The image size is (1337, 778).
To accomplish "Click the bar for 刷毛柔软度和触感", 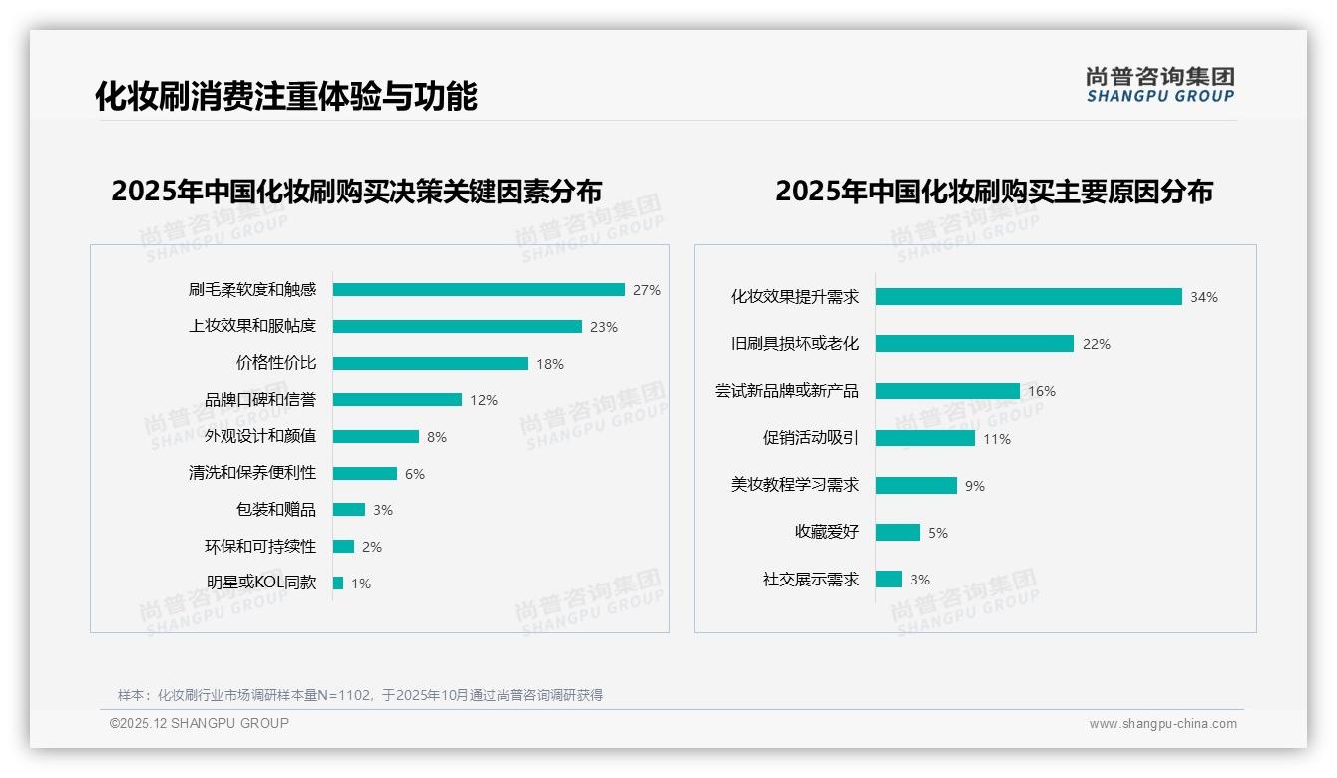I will pyautogui.click(x=478, y=289).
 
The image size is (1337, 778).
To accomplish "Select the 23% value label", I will pyautogui.click(x=603, y=327).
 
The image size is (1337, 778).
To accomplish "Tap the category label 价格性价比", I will pyautogui.click(x=275, y=363).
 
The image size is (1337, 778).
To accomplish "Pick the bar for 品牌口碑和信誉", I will pyautogui.click(x=397, y=399).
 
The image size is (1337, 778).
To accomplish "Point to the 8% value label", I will pyautogui.click(x=436, y=437).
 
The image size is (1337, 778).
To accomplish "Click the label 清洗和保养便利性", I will pyautogui.click(x=251, y=473).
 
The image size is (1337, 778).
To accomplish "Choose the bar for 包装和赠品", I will pyautogui.click(x=349, y=509).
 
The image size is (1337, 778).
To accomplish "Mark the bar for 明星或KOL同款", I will pyautogui.click(x=338, y=583).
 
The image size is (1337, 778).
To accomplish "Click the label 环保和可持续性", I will pyautogui.click(x=259, y=546).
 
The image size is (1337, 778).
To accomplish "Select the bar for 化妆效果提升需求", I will pyautogui.click(x=1029, y=296).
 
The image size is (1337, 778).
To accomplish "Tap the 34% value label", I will pyautogui.click(x=1203, y=297).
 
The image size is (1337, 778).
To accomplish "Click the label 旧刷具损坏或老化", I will pyautogui.click(x=794, y=343).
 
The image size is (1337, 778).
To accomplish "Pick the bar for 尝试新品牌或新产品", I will pyautogui.click(x=948, y=390).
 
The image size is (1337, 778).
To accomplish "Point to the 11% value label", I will pyautogui.click(x=996, y=439).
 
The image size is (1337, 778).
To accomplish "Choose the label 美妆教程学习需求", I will pyautogui.click(x=794, y=485).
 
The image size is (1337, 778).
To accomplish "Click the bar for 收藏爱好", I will pyautogui.click(x=898, y=532).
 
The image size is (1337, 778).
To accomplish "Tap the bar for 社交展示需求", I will pyautogui.click(x=889, y=579).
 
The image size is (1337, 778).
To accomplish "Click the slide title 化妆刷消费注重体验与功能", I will pyautogui.click(x=285, y=96).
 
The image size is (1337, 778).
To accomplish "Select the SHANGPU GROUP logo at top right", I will pyautogui.click(x=1159, y=85).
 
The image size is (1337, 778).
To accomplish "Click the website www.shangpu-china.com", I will pyautogui.click(x=1162, y=724).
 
